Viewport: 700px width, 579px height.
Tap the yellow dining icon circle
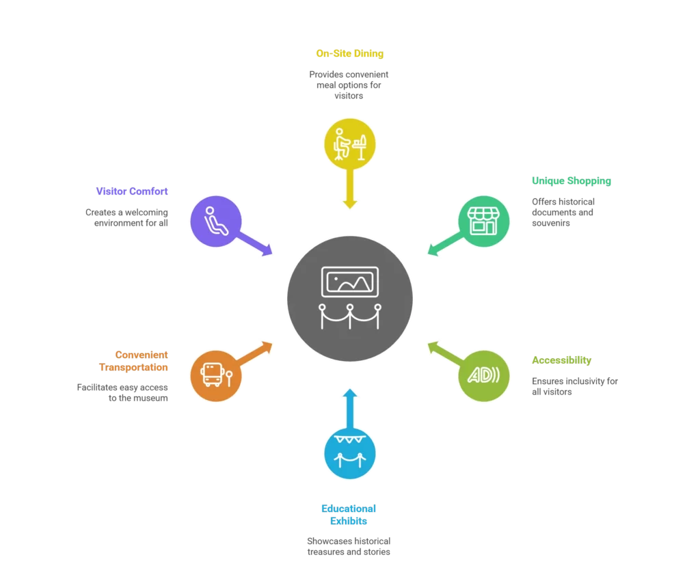point(350,144)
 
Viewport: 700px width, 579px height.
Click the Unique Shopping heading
point(571,181)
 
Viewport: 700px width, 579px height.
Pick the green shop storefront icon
point(484,220)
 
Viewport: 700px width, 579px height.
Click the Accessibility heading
point(562,360)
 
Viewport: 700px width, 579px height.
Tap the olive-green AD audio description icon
point(484,375)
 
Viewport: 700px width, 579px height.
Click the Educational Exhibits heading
point(349,514)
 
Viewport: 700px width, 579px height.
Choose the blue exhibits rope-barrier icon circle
point(350,452)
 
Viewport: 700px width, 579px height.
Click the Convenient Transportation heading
point(133,361)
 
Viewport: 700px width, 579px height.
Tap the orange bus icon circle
point(216,375)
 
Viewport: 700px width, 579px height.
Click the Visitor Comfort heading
point(132,191)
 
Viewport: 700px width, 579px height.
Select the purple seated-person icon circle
point(216,220)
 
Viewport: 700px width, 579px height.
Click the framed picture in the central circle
point(350,281)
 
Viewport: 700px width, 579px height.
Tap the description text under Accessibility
point(575,386)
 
